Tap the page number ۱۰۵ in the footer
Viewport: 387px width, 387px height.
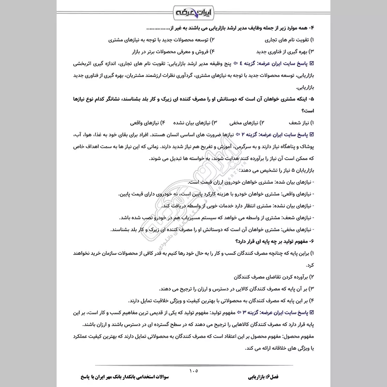click(193, 372)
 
